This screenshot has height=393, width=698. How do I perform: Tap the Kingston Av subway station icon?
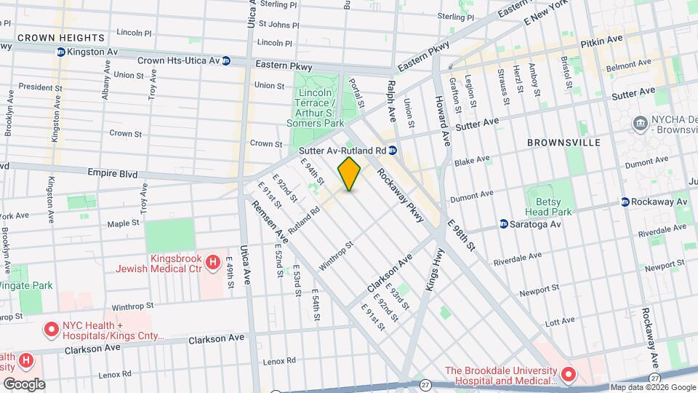click(x=61, y=52)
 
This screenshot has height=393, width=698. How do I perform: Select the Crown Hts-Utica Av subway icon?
click(x=226, y=60)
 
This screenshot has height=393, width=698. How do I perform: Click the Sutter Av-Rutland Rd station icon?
click(x=392, y=150)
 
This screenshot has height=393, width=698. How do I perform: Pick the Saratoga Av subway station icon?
click(x=503, y=224)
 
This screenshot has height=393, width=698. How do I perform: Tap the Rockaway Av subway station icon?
click(x=625, y=202)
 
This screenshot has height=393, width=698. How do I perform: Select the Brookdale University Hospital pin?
click(x=568, y=375)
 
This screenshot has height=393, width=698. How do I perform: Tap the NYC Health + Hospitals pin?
click(x=51, y=330)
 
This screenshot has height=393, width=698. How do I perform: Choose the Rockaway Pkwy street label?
click(x=400, y=191)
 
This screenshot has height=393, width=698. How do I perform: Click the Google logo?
click(x=23, y=384)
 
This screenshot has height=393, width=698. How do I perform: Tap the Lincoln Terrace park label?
click(x=318, y=108)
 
